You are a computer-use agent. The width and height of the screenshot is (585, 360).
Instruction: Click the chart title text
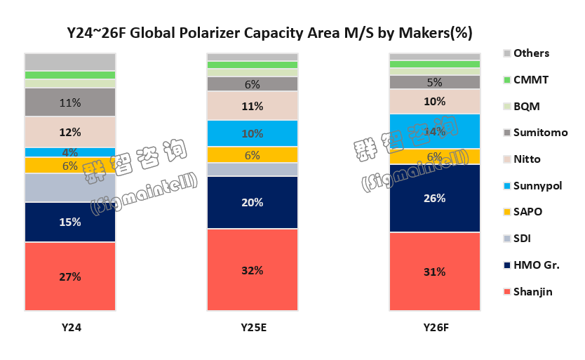269,32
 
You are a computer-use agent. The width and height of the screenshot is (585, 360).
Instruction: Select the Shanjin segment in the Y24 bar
70,276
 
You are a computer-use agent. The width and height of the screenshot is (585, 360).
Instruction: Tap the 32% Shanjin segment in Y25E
253,269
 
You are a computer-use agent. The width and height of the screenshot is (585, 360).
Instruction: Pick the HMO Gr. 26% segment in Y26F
435,198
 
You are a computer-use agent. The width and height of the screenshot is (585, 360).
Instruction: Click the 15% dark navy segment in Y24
70,222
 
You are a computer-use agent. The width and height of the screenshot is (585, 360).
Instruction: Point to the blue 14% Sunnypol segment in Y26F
435,131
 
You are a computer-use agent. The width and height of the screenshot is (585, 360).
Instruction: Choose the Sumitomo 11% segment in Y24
70,102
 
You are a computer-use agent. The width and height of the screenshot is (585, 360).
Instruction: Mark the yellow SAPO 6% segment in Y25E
253,155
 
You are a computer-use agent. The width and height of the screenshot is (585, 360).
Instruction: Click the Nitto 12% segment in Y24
70,132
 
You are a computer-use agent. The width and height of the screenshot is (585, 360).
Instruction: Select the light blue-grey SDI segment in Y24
70,187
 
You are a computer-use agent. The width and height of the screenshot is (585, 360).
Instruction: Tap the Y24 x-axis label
70,327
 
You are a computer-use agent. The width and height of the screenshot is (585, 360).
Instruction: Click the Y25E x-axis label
253,327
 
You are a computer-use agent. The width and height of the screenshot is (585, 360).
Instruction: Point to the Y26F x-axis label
435,327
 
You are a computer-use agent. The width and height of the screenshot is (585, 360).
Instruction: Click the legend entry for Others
530,53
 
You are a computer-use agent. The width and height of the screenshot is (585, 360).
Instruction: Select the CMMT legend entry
530,80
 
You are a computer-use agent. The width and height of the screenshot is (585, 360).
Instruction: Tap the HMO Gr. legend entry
535,265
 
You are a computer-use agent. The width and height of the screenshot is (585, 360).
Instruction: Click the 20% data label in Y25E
253,202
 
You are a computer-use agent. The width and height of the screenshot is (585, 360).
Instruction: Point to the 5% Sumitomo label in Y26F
435,82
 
